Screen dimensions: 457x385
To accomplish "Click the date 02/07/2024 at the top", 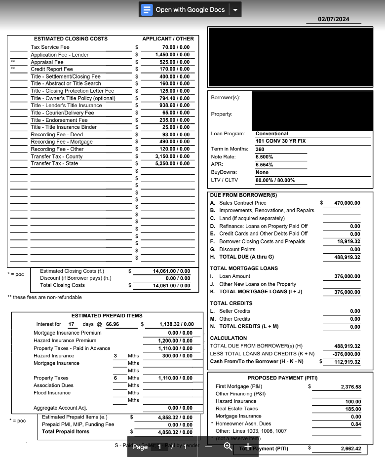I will coord(333,19).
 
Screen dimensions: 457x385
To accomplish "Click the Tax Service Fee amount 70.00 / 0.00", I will coord(172,47).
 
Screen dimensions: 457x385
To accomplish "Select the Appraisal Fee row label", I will coord(47,62).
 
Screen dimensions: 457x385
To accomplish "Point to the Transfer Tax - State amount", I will coord(172,163).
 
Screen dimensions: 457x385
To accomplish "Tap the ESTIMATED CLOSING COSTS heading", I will coord(71,38).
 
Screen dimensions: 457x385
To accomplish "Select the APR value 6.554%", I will coord(265,165).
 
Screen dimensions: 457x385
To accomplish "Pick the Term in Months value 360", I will coord(260,149).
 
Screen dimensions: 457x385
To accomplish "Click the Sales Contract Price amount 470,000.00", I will coord(347,203).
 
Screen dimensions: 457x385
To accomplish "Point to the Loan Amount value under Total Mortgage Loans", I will coord(347,276).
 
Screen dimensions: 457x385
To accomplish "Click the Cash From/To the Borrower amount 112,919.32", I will coord(347,362).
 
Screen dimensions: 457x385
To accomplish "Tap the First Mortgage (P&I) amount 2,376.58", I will coord(350,387).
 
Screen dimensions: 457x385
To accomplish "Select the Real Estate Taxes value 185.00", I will coord(353,409).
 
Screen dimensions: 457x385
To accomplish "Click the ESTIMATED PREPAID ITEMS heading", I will coord(107,316).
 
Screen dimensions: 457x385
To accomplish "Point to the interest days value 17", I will coord(72,324).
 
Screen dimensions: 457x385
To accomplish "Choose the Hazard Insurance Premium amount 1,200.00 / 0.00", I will coord(175,341).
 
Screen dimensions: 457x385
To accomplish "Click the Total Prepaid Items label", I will coord(66,432).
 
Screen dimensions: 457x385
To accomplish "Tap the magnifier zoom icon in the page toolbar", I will coord(228,446).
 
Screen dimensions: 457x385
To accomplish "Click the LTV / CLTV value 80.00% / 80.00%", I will coord(275,181).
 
